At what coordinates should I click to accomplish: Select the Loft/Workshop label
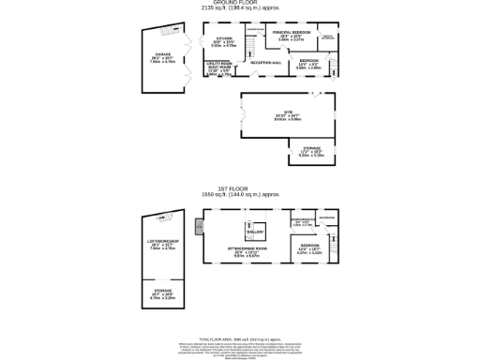point(164,247)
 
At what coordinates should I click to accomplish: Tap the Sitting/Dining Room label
point(250,250)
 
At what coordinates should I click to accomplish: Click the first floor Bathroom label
point(327,220)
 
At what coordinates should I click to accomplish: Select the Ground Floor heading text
point(240,5)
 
